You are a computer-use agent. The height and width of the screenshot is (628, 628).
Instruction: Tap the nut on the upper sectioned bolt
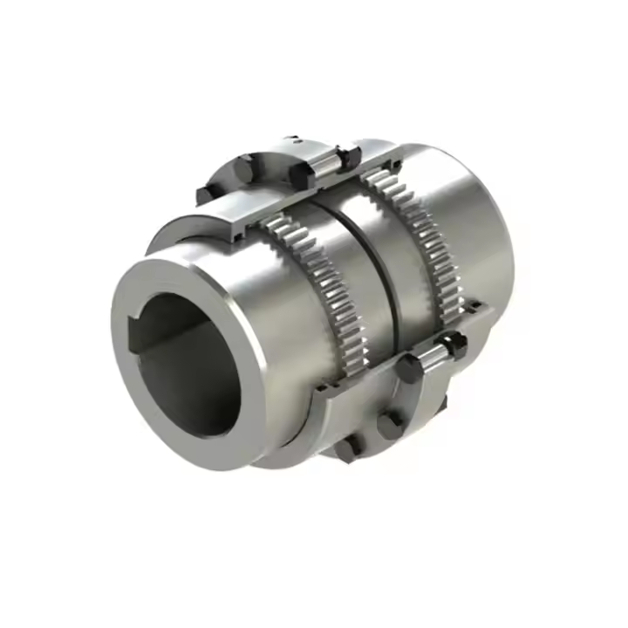click(x=349, y=157)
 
